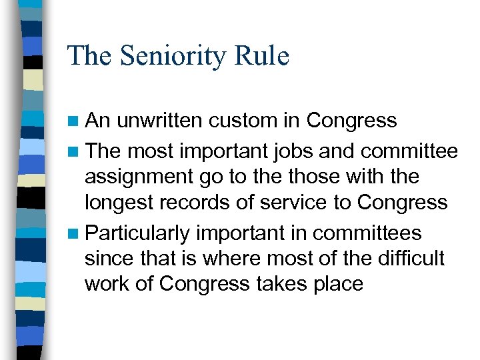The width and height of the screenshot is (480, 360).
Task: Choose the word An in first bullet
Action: coord(99,121)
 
